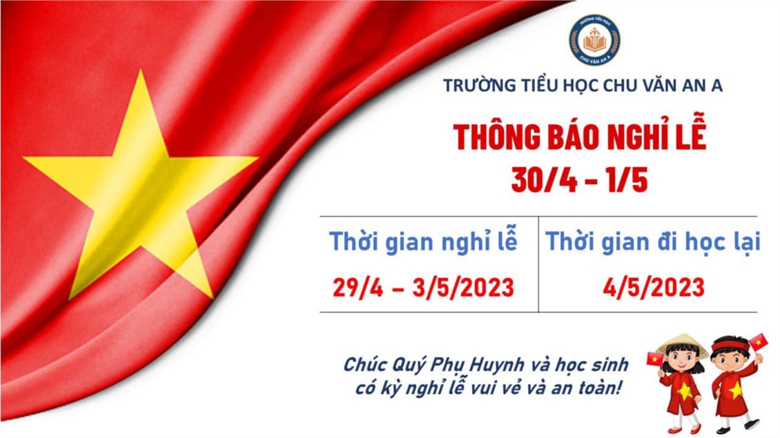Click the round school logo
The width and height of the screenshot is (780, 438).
[594, 40]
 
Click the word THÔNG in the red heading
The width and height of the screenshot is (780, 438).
[496, 137]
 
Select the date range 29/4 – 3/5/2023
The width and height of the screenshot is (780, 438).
[423, 288]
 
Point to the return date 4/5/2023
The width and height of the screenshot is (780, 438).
[654, 288]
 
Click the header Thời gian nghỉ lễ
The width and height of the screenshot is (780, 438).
[423, 242]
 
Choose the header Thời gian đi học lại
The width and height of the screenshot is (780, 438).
[653, 242]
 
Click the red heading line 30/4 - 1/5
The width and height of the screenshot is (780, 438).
[580, 179]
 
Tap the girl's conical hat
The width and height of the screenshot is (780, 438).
[682, 344]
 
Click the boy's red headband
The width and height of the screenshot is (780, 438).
[731, 345]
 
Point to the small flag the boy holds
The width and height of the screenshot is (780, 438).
[759, 341]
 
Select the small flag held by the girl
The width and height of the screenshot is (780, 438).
[654, 359]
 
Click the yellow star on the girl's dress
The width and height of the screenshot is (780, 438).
[685, 391]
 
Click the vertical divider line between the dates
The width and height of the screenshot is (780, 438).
[538, 264]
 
